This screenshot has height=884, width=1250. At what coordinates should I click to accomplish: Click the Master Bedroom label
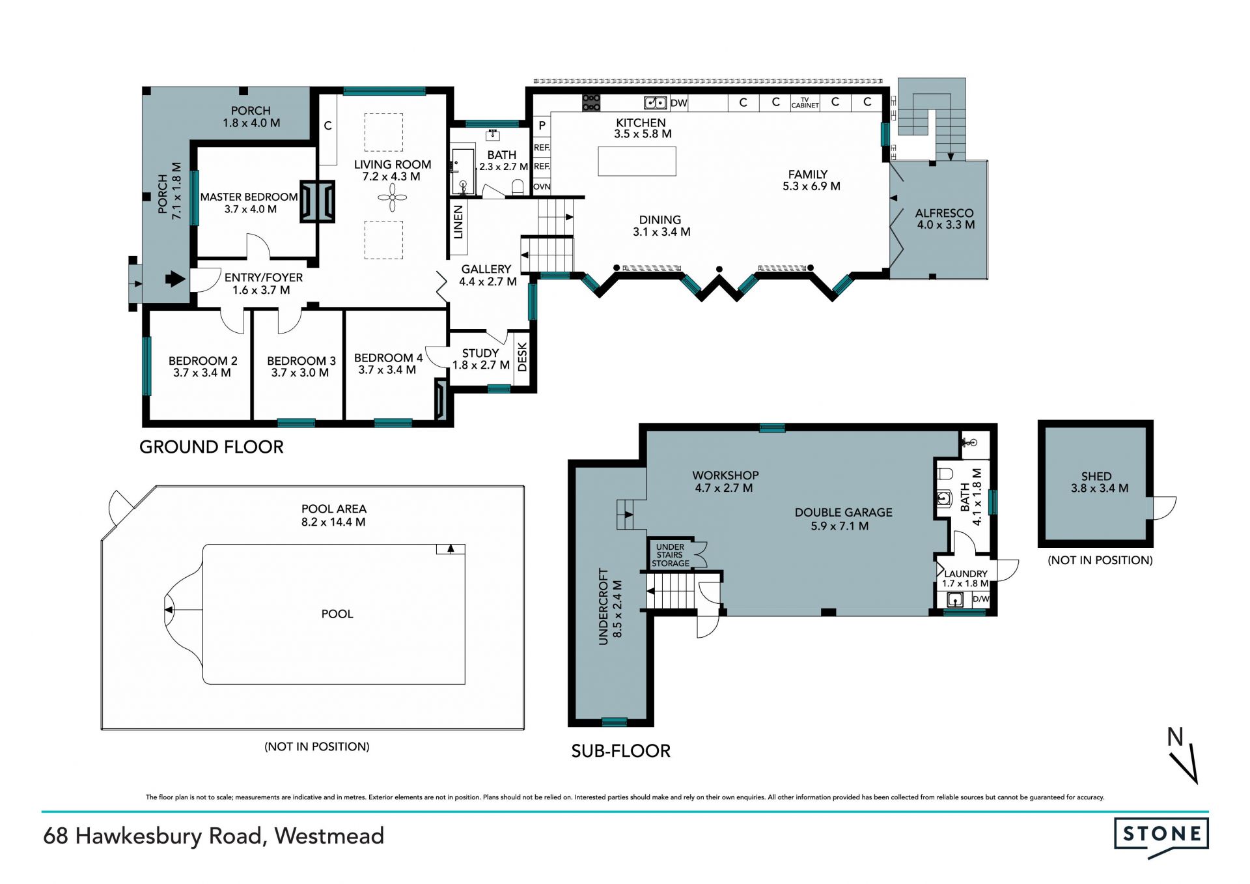pos(249,197)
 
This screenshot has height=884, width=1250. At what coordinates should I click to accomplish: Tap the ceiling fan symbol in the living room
pos(393,197)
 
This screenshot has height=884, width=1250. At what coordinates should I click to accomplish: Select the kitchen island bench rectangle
pos(637,161)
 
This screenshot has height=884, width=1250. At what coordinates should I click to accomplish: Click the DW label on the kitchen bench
pos(679,103)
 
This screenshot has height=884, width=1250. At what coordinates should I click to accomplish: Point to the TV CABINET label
pos(805,103)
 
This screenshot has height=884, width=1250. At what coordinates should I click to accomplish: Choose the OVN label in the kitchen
pos(542,187)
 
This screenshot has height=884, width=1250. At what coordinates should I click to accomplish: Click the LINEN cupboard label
pos(458,221)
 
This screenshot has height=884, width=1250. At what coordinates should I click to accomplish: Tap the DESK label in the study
pos(521,357)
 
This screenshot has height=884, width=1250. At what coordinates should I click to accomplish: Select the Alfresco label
pos(944,213)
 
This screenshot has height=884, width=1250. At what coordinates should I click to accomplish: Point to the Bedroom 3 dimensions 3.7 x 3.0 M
pos(300,373)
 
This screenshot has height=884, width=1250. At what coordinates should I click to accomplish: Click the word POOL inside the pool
pos(337,614)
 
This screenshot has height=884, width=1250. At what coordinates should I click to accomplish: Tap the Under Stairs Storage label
pos(671,555)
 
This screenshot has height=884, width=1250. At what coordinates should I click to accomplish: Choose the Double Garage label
pos(843,513)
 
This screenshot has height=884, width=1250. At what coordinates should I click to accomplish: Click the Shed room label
pos(1096,476)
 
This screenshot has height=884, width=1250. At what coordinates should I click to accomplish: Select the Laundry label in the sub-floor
pos(966,574)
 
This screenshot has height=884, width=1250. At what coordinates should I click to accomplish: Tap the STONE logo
pos(1161,837)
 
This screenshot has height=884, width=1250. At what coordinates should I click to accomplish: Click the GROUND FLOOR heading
pos(212,447)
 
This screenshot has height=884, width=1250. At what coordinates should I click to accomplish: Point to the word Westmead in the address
pos(329,836)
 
